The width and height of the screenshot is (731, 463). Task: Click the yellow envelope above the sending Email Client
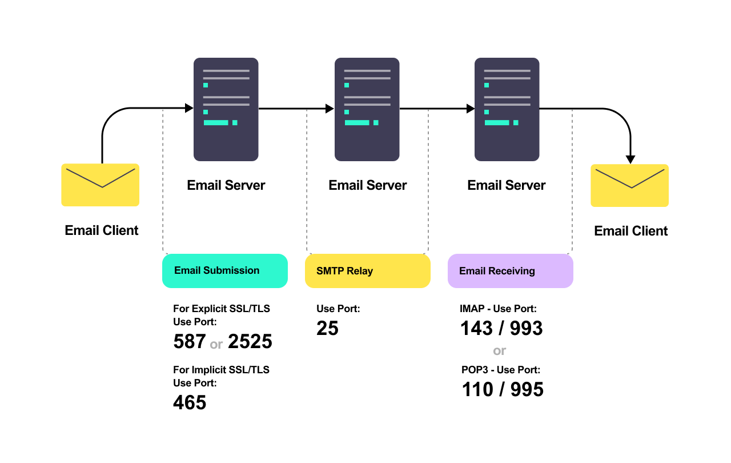coord(101,185)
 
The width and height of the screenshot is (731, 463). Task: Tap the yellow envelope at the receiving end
coord(629,185)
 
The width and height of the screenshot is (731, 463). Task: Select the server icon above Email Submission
coord(226,109)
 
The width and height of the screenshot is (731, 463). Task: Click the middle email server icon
coord(367,109)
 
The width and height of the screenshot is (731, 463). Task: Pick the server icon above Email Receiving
coord(507,109)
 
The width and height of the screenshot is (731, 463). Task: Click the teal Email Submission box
coord(224,270)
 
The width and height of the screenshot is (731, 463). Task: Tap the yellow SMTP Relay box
coord(367,271)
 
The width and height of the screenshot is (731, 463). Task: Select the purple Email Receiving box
coord(510,271)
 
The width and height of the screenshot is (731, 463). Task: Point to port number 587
coord(189,341)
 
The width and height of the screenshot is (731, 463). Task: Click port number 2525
coord(250,341)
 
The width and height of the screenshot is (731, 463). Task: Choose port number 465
coord(189,402)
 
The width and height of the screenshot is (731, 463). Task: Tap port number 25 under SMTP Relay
coord(327,328)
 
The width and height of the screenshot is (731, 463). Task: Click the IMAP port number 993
coord(525,328)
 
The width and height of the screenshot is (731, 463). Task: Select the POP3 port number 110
coord(477,389)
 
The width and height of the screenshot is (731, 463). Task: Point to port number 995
coord(527,389)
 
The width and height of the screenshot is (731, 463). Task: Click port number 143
coord(476,328)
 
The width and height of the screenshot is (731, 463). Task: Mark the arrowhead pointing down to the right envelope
coord(630,159)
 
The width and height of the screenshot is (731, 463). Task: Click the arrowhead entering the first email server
coord(189,108)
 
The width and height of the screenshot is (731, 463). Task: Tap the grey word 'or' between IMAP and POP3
coord(499,350)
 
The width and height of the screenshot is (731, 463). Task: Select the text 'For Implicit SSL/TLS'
coord(221,370)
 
